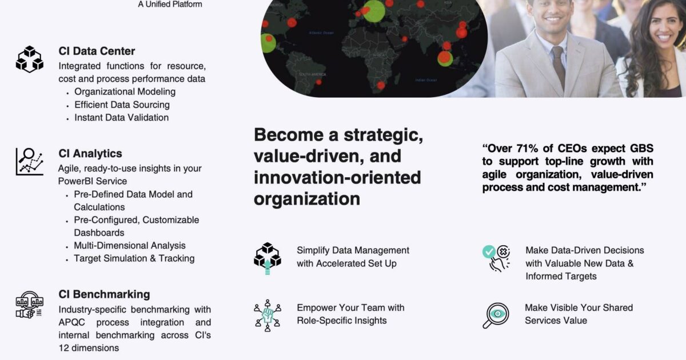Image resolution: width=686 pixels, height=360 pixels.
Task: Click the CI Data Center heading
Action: (97, 51)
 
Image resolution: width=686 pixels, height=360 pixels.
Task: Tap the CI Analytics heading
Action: (90, 153)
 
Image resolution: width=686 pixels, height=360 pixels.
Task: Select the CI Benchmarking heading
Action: (104, 294)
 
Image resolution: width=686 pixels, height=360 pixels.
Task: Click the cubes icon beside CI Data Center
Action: (29, 59)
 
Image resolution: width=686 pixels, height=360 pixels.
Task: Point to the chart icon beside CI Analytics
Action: (29, 161)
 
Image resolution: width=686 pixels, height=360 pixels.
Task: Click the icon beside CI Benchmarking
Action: (29, 305)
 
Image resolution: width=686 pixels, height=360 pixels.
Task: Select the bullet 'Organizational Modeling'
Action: (125, 91)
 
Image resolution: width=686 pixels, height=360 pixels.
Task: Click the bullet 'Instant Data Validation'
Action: (121, 117)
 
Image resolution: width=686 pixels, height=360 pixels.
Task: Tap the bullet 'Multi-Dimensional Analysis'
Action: (129, 245)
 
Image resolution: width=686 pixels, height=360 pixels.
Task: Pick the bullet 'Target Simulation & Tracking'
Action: (134, 258)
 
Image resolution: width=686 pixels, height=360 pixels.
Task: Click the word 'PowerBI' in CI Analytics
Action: (75, 181)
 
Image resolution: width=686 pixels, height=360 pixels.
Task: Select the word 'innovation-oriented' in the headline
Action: (337, 177)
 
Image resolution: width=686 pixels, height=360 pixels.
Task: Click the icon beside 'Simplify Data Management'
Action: (268, 258)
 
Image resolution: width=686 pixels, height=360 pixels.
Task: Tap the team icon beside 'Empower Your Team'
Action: (268, 315)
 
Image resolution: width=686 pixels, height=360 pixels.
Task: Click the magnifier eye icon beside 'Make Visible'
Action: (495, 315)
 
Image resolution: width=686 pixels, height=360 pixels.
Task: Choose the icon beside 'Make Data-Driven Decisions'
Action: (496, 258)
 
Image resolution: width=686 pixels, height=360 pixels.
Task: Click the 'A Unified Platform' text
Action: (170, 4)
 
